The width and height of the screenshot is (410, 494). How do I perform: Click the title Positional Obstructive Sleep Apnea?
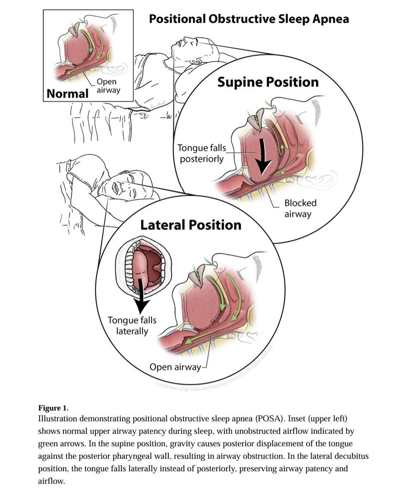point(249,19)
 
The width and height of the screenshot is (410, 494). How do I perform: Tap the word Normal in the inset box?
point(67,94)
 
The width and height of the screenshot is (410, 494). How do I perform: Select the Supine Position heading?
point(268,82)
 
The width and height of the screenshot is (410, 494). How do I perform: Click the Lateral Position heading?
point(191,225)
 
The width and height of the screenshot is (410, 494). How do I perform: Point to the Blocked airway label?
point(300,209)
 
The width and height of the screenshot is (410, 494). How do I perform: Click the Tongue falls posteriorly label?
point(202,153)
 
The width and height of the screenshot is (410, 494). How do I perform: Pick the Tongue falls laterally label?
point(132,326)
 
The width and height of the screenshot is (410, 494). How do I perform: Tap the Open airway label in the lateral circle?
point(175,367)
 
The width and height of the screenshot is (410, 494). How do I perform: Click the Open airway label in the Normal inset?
point(108,86)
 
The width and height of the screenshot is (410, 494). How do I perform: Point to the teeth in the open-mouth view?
point(130,268)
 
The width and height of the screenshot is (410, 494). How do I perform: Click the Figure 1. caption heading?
point(54,408)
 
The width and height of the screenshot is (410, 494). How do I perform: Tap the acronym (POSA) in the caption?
point(269,419)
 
